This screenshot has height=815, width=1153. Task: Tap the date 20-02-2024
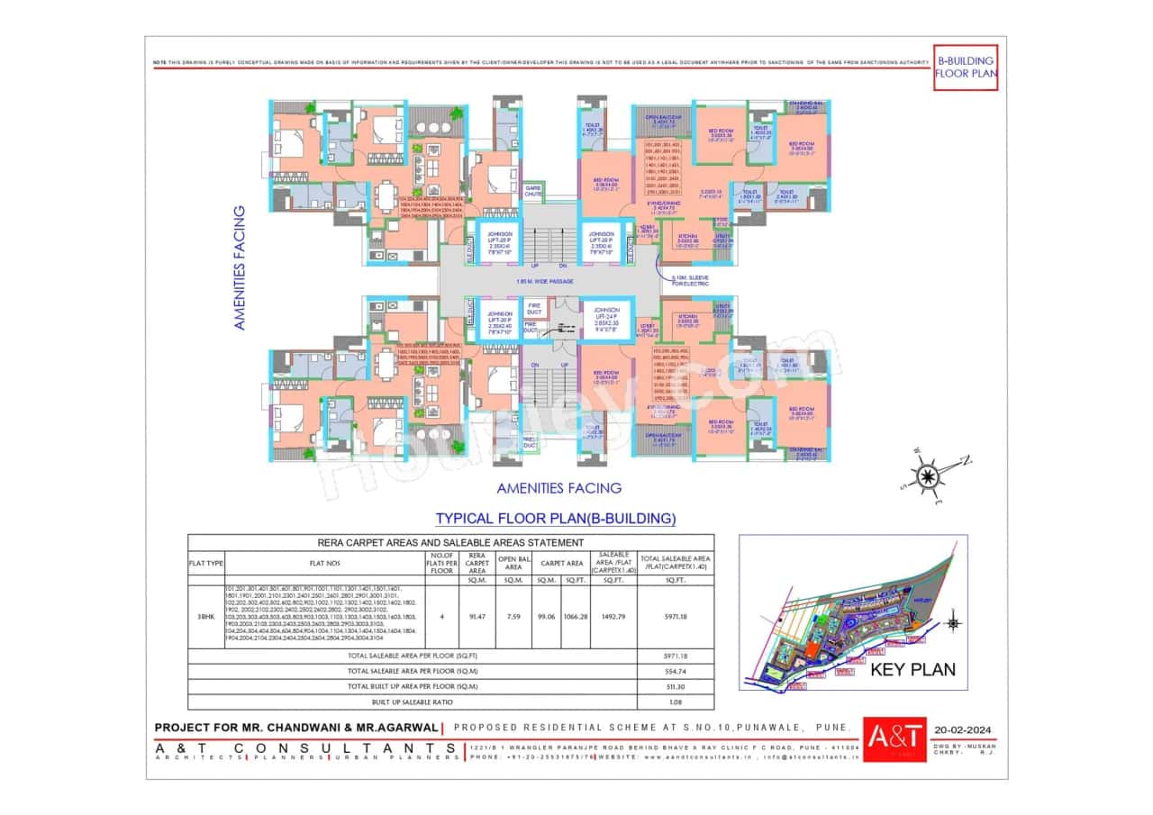[965, 730]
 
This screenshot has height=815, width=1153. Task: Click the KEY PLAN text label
[912, 670]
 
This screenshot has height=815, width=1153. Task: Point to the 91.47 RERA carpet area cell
[477, 617]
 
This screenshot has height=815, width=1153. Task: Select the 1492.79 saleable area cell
[612, 617]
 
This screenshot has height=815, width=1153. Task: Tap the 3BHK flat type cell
[205, 617]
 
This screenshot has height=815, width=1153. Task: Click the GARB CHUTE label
[533, 191]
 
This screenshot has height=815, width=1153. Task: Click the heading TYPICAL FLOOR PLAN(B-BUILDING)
[555, 519]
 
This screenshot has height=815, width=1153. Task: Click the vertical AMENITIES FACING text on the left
[240, 268]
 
